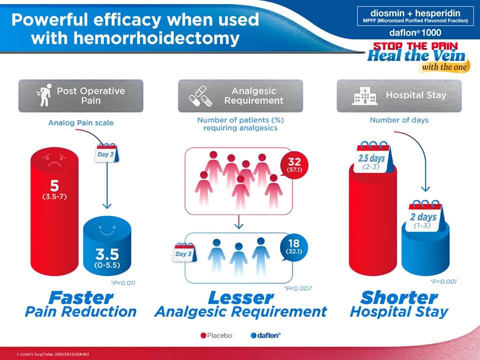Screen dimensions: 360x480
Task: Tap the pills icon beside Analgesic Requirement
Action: pos(200,95)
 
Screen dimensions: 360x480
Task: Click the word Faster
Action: pos(80,298)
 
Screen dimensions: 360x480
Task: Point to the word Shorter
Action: pos(398,298)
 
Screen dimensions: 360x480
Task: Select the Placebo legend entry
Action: pos(216,335)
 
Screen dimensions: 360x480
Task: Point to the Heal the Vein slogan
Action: pos(416,55)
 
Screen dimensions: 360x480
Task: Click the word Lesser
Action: pos(240,298)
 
